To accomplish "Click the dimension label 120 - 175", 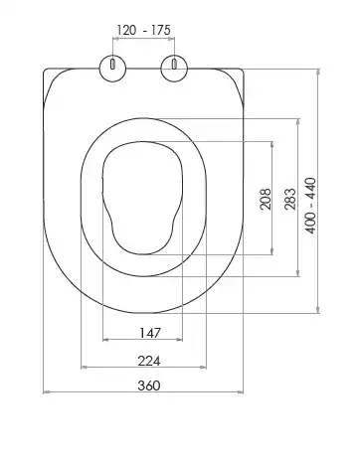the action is click(x=143, y=30).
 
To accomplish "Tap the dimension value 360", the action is click(x=149, y=385).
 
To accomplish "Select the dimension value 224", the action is click(x=149, y=361).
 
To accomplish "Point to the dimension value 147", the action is click(x=150, y=333).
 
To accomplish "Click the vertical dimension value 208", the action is click(x=266, y=199).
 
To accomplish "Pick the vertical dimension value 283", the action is click(x=290, y=199).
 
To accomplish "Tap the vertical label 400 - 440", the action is click(x=311, y=206).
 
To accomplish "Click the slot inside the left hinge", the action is click(x=112, y=64).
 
